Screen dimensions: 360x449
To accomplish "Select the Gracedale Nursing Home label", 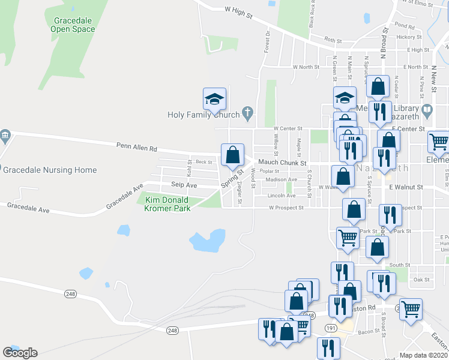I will point(50,170).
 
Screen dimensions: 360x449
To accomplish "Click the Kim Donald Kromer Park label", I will point(167,204).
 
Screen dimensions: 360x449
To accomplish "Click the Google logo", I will point(20,352).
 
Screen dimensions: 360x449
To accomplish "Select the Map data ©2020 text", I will point(424,355).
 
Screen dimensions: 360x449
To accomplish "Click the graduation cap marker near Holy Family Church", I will point(214,99).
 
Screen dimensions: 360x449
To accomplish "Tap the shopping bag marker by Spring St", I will point(232,155).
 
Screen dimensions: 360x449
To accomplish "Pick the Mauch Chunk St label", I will point(282,163).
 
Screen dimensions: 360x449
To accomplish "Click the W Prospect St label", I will point(286,208).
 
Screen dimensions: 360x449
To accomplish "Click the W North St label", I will point(306,67).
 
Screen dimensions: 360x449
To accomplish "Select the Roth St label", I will point(333,40).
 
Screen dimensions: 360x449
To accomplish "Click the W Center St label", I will point(288,128).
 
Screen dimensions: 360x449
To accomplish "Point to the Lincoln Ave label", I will point(282,196).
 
